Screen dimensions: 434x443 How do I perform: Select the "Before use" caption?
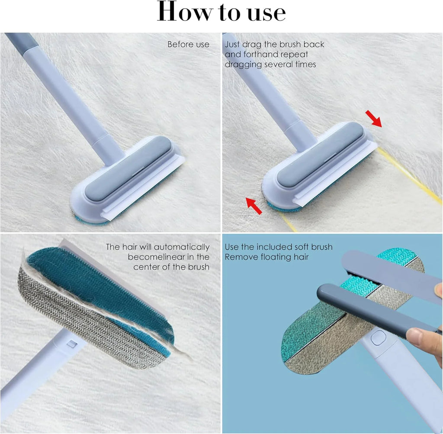(x=188, y=44)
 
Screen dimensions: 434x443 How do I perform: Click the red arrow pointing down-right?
(x=373, y=119)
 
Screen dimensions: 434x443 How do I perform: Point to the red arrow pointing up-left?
(x=254, y=205)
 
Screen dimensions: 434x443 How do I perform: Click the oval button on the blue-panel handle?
(x=378, y=337)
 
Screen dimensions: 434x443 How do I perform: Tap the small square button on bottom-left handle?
(x=73, y=345)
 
